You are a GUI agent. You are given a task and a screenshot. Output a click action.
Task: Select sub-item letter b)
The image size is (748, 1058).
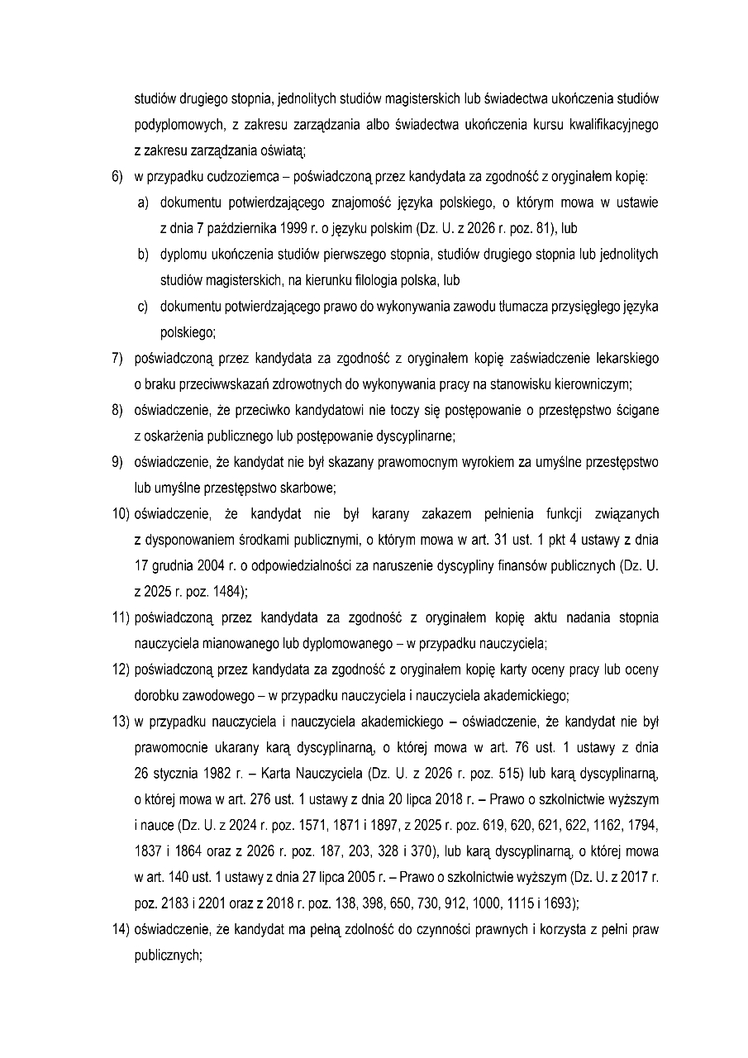click(143, 255)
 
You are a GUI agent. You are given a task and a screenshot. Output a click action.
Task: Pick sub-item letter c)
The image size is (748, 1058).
click(143, 307)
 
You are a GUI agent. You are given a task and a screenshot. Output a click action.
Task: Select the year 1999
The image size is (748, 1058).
click(288, 228)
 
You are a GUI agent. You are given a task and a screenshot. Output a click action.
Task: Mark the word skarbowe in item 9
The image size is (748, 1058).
click(305, 488)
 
